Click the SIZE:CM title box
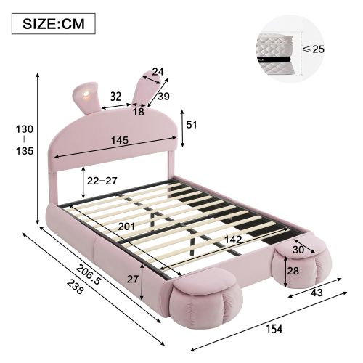point(54,23)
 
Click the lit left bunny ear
point(85,95)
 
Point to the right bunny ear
point(144,91)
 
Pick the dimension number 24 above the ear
point(159,71)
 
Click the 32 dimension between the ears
point(115,95)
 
